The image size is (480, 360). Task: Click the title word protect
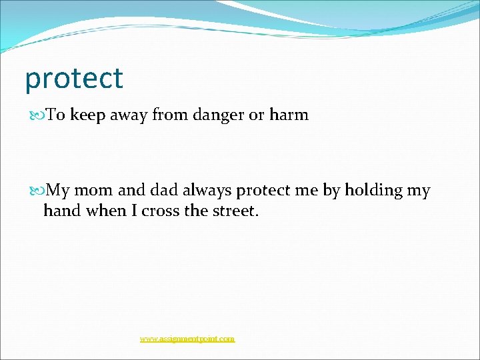tap(74, 79)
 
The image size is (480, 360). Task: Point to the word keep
tap(85, 115)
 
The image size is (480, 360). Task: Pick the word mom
tap(94, 191)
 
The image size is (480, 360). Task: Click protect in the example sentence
tap(263, 191)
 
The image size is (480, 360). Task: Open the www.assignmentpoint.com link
tap(187, 339)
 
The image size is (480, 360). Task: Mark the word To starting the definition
tap(55, 115)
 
